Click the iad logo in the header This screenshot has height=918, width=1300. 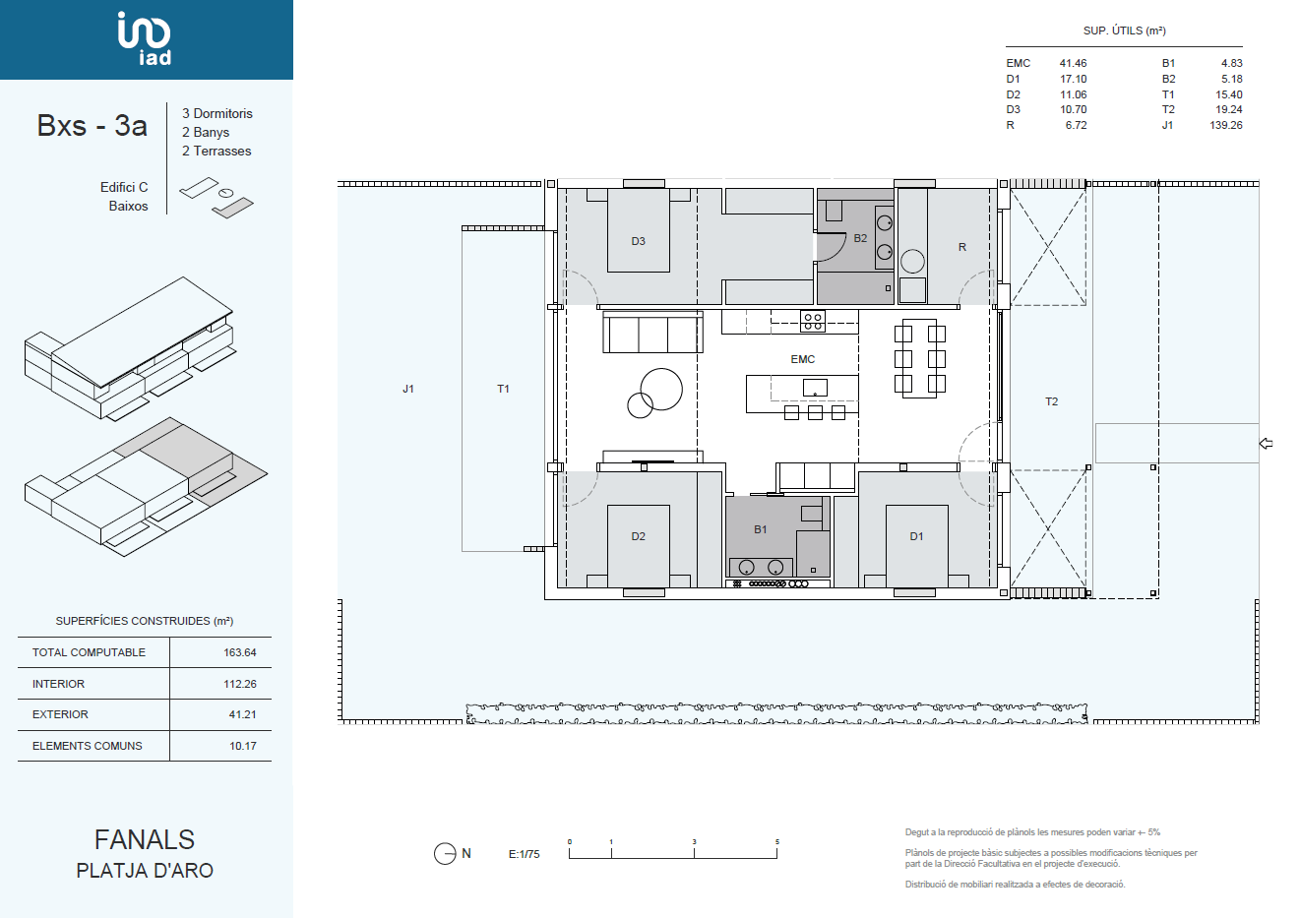point(145,38)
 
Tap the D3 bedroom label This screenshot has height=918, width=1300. point(638,241)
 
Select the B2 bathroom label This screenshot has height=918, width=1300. point(860,238)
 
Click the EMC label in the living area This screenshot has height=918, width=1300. point(803,360)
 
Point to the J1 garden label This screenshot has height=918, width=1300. point(408,390)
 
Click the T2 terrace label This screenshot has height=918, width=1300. point(1051,401)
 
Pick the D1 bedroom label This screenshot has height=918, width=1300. point(916,537)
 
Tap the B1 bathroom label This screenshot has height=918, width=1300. point(761,529)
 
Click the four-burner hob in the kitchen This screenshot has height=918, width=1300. point(813,322)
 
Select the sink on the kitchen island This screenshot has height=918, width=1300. point(815,388)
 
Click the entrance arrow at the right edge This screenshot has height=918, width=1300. point(1266,444)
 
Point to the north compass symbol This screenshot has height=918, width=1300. point(445,854)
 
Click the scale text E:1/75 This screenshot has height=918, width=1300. point(525,854)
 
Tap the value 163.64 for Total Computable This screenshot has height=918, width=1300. point(240,652)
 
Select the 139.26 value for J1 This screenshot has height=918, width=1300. point(1226,125)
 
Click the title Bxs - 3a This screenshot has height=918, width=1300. point(93,125)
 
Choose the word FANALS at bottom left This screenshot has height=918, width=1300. point(145,839)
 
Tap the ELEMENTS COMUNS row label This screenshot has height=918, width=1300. point(87,746)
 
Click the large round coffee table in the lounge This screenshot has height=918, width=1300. point(661,390)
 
